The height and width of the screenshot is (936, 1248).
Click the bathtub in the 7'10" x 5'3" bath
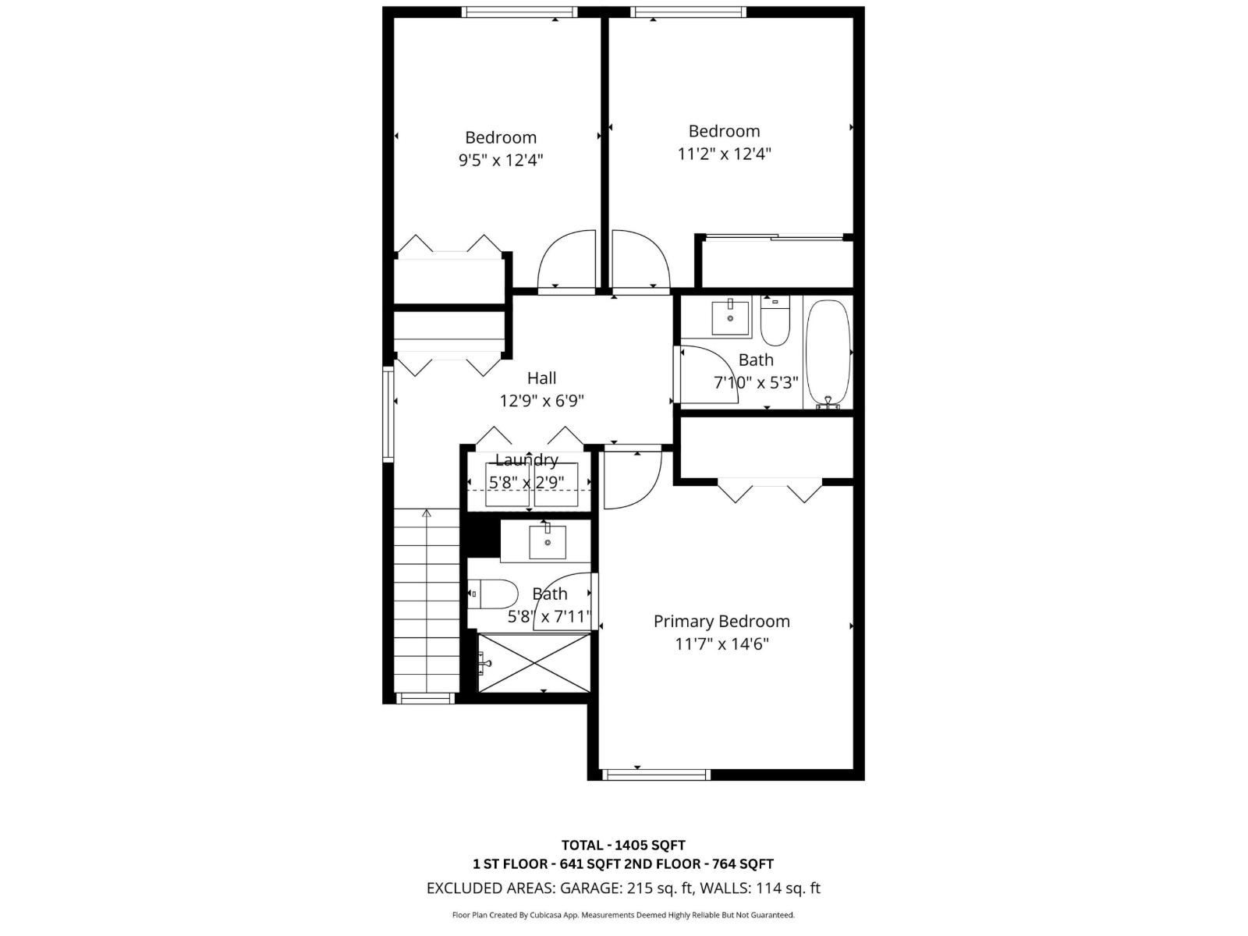click(x=828, y=353)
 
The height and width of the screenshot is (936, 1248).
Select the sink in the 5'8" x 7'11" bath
click(x=548, y=542)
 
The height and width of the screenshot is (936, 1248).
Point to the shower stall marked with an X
click(x=534, y=662)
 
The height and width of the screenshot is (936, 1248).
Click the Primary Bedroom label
click(x=721, y=622)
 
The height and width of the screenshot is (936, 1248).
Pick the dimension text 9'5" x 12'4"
click(x=500, y=161)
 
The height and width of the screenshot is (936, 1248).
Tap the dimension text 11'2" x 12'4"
click(x=724, y=154)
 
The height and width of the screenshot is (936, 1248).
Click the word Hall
click(x=541, y=378)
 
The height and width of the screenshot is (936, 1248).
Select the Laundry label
click(x=526, y=460)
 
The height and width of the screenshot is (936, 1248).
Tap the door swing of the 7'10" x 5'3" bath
click(x=708, y=374)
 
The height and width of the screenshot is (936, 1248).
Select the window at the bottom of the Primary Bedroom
click(x=656, y=775)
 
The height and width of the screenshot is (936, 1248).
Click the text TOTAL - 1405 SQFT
click(x=623, y=845)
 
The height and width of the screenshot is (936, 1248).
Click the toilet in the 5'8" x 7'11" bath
click(x=495, y=594)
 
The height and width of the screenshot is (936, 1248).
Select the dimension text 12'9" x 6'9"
click(x=541, y=401)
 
